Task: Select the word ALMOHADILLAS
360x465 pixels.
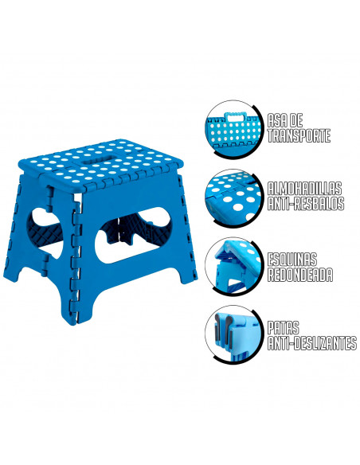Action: click(305, 188)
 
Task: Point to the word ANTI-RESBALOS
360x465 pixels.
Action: click(306, 205)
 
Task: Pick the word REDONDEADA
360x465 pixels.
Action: click(299, 276)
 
